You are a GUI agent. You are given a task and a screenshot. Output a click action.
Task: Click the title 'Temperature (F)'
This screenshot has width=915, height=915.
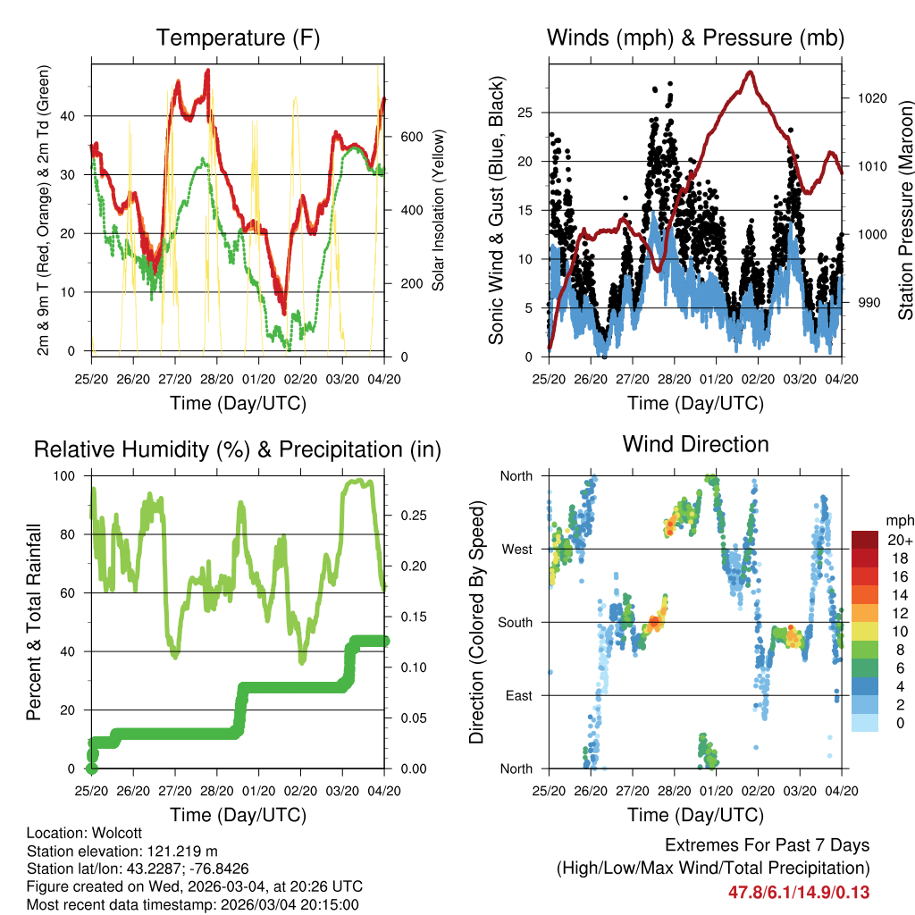pyautogui.click(x=238, y=38)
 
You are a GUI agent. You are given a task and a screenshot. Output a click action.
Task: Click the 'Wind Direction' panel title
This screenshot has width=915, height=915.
pyautogui.click(x=695, y=444)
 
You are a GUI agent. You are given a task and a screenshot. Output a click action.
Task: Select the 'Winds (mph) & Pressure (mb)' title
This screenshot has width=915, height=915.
pyautogui.click(x=695, y=38)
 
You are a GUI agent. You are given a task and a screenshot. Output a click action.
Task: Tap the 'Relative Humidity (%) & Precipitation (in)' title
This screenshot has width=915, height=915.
pyautogui.click(x=238, y=449)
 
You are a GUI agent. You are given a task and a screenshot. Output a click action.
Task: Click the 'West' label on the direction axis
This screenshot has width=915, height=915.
pyautogui.click(x=516, y=549)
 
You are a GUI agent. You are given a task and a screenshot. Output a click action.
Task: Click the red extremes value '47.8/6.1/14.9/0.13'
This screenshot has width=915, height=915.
pyautogui.click(x=799, y=892)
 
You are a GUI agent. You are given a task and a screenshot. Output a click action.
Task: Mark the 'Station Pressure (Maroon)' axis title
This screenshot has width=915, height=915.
pyautogui.click(x=905, y=211)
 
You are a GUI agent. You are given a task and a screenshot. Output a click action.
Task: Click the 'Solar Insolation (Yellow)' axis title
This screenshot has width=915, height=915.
pyautogui.click(x=439, y=211)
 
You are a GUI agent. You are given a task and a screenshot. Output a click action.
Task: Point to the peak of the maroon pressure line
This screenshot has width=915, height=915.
pyautogui.click(x=750, y=72)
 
